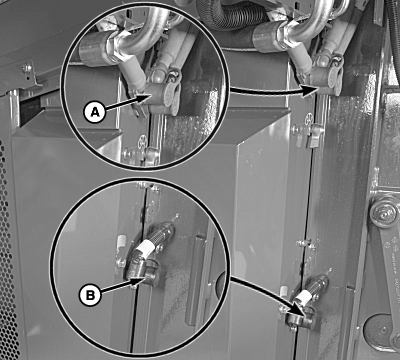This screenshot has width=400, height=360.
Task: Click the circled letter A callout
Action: tap(95, 112)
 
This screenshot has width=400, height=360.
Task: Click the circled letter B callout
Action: tap(90, 295)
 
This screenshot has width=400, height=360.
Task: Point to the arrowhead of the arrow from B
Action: tap(142, 280)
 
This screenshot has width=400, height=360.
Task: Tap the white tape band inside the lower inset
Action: tap(145, 248)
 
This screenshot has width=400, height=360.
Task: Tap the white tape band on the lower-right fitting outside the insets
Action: tap(304, 297)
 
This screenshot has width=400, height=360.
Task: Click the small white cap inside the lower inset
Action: tap(122, 240)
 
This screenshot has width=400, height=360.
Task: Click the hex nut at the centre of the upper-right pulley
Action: tap(383, 212)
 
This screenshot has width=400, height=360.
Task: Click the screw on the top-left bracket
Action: tap(27, 68)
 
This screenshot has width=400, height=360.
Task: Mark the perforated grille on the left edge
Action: tap(7, 250)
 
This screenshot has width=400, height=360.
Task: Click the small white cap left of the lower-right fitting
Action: tap(284, 291)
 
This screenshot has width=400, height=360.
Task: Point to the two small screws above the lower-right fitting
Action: tap(306, 243)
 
